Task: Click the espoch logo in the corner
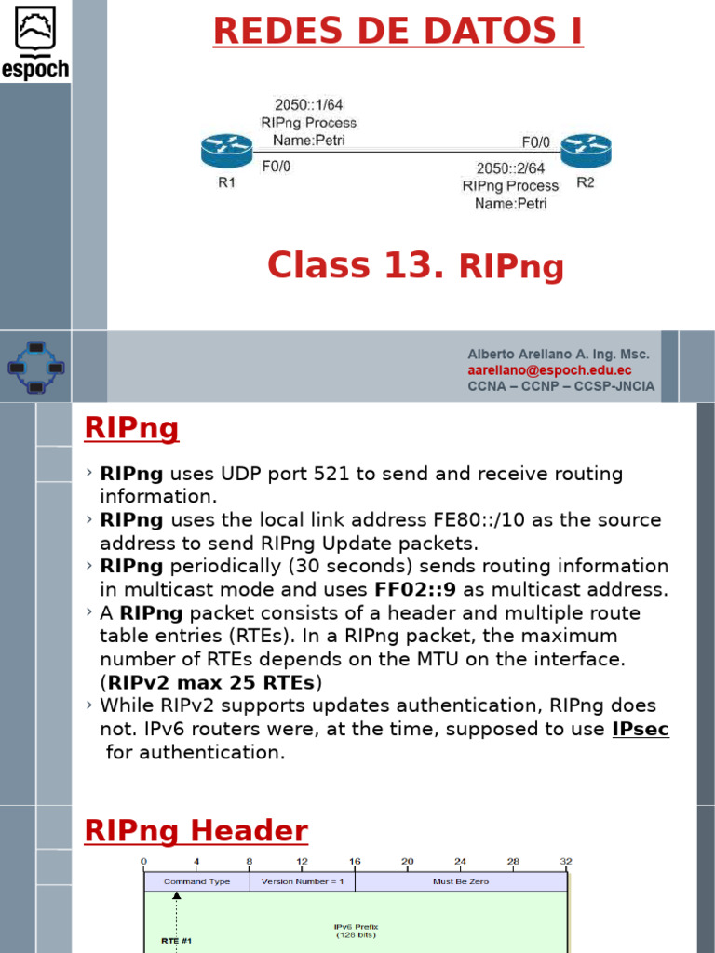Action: click(x=34, y=41)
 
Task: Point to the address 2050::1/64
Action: click(x=308, y=105)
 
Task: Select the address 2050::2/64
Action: click(x=510, y=168)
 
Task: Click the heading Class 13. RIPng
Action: click(x=415, y=266)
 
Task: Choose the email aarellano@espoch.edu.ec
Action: click(x=549, y=370)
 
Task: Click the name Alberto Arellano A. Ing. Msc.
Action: click(x=559, y=355)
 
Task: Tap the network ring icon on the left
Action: click(x=35, y=366)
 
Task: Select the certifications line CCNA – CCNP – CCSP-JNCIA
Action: click(x=560, y=386)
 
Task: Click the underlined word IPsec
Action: click(x=640, y=729)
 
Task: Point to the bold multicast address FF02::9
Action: click(x=415, y=589)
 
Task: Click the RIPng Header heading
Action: click(x=196, y=830)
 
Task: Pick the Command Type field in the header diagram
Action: click(x=196, y=881)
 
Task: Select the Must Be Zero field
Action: click(x=460, y=881)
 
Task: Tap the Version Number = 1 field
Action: click(x=303, y=881)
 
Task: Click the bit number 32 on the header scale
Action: click(x=566, y=862)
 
